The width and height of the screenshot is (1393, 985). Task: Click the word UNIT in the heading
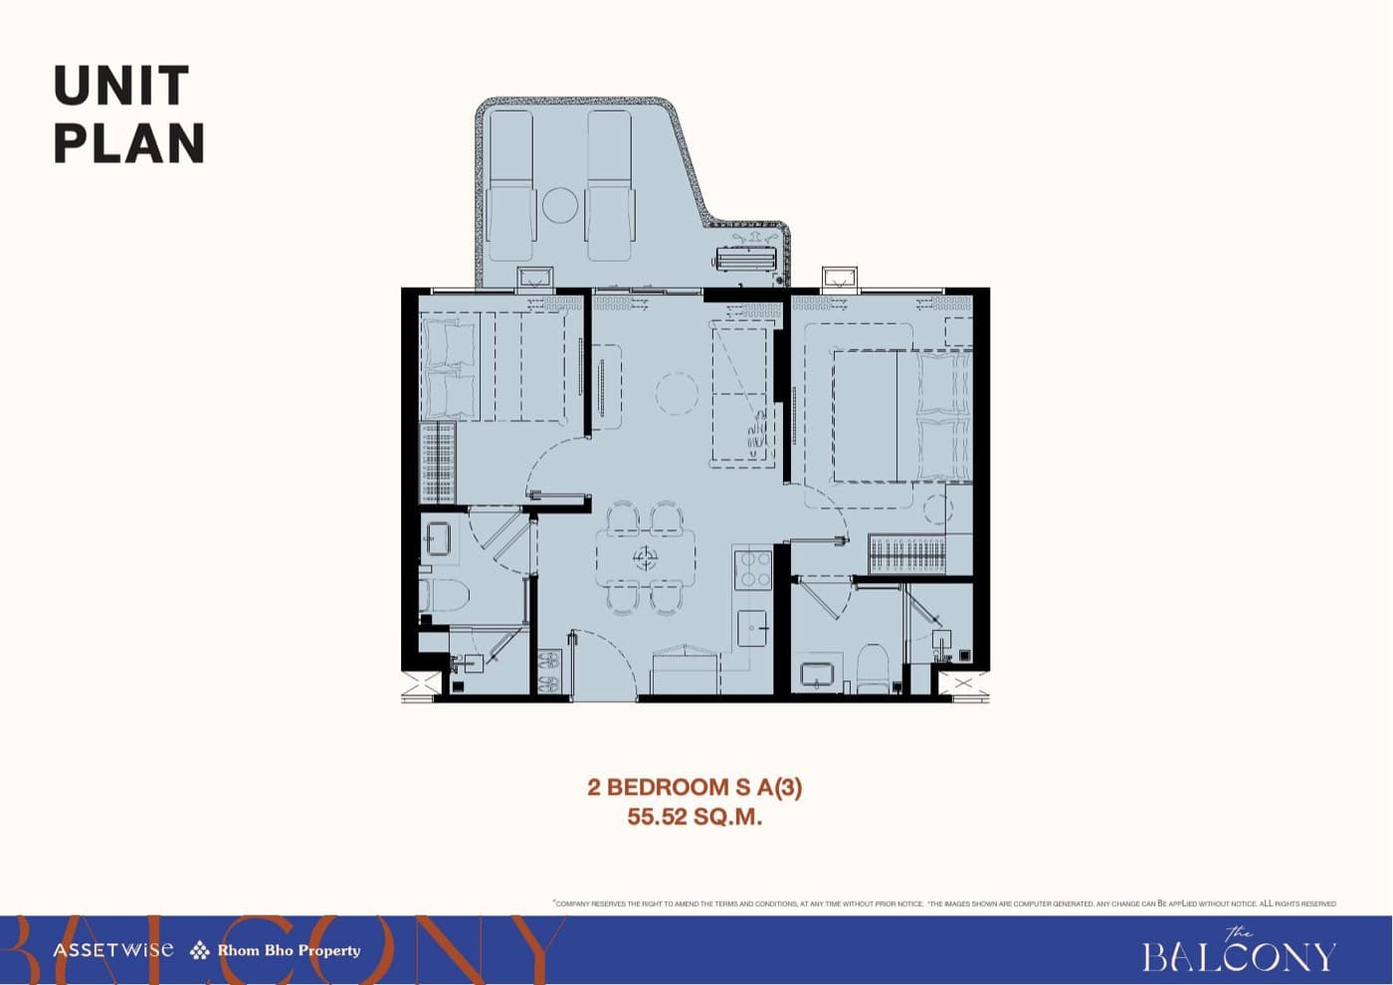(121, 87)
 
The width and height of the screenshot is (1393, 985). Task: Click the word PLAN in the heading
(129, 143)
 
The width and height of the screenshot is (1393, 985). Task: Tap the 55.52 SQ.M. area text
(695, 818)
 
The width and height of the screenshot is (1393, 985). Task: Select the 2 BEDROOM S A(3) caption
(695, 787)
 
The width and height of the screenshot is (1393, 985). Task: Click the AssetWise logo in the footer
(112, 950)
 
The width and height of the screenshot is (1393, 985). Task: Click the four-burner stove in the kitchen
(753, 569)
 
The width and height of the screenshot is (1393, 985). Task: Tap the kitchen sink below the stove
(752, 629)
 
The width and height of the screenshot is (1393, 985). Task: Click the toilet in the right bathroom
(873, 668)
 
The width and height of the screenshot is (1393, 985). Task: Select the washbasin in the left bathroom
(438, 540)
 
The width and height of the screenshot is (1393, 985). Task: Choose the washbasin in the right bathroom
(817, 674)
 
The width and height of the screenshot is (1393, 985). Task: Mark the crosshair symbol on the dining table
(646, 560)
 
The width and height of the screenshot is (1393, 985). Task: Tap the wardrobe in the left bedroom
(438, 463)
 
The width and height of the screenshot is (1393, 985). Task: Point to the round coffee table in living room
(678, 394)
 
